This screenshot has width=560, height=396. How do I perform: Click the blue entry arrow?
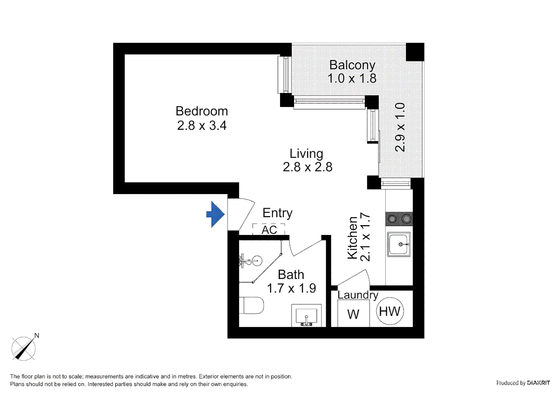click(215, 214)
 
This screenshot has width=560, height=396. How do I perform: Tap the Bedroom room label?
click(202, 111)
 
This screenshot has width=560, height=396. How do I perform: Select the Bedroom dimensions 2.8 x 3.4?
click(202, 125)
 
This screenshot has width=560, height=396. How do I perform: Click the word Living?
click(306, 153)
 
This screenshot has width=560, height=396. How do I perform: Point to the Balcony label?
click(352, 65)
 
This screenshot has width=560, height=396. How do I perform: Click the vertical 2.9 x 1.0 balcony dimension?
click(400, 127)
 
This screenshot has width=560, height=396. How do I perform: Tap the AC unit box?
click(269, 230)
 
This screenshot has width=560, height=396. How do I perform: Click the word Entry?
click(277, 213)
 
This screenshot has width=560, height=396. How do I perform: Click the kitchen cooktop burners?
click(399, 219)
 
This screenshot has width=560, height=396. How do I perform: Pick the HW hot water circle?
click(390, 311)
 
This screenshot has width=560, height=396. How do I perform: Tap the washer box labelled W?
click(353, 314)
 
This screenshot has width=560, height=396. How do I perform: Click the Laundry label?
click(358, 295)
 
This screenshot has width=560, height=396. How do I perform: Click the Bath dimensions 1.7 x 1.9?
click(291, 288)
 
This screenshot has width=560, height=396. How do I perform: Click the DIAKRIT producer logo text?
click(538, 383)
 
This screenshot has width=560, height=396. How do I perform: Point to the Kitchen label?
click(352, 238)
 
